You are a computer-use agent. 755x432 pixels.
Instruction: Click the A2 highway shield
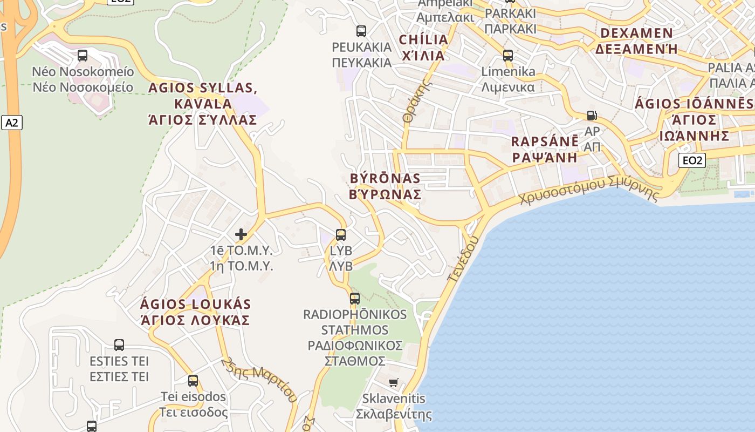tap(11, 123)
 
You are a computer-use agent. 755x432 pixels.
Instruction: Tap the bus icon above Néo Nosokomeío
tap(83, 55)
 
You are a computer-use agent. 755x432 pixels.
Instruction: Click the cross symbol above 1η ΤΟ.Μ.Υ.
tap(241, 234)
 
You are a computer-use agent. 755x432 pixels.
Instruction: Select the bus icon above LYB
tap(341, 235)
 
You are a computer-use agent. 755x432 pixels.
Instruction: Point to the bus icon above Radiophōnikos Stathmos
tap(355, 298)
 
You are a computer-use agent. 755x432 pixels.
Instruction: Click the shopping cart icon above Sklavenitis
tap(394, 382)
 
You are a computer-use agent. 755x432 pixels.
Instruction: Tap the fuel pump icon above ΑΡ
tap(592, 115)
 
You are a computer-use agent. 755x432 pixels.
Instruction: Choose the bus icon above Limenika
tap(507, 55)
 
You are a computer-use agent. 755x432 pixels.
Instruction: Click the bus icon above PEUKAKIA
tap(361, 31)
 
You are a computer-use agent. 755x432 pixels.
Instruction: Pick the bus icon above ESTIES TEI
tap(119, 345)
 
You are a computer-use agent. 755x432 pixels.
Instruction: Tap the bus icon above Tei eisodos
tap(193, 381)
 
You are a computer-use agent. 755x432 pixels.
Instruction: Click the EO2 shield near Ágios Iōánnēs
tap(691, 160)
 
